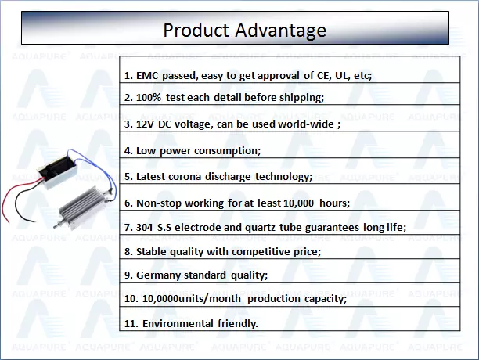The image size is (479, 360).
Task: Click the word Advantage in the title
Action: [x=280, y=31]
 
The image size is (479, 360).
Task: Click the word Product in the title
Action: [x=196, y=31]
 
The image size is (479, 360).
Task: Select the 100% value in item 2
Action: [x=149, y=97]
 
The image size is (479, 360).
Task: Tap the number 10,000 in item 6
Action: [x=298, y=203]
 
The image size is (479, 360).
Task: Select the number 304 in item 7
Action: [x=144, y=228]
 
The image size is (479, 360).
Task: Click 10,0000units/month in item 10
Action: [x=192, y=298]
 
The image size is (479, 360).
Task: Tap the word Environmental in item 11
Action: [x=178, y=324]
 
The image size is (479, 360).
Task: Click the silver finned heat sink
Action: [x=82, y=207]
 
